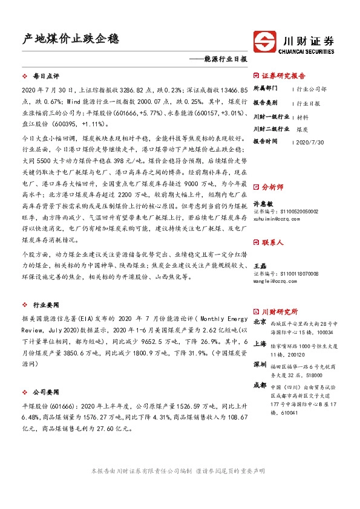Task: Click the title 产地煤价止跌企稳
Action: coord(70,39)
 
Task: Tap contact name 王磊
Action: coord(259,265)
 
